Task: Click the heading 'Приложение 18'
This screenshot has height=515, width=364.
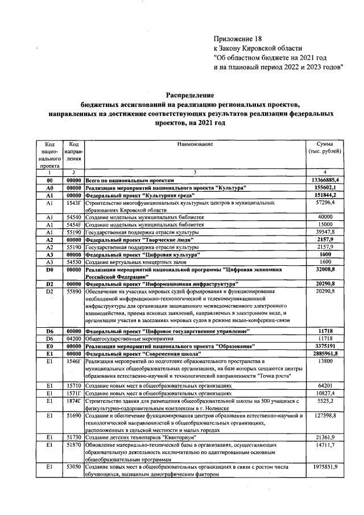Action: pos(238,39)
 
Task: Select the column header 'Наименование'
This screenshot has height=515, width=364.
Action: pos(195,144)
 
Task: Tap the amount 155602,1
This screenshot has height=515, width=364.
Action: pos(326,187)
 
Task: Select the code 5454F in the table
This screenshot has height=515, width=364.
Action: pos(73,225)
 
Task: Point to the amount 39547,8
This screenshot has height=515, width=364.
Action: pos(326,232)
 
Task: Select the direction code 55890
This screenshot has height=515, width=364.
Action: pos(73,291)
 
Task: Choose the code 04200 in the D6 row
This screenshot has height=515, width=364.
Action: pos(73,337)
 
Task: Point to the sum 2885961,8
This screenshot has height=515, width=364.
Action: pos(325,353)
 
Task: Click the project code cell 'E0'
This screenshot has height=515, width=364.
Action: pos(49,345)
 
